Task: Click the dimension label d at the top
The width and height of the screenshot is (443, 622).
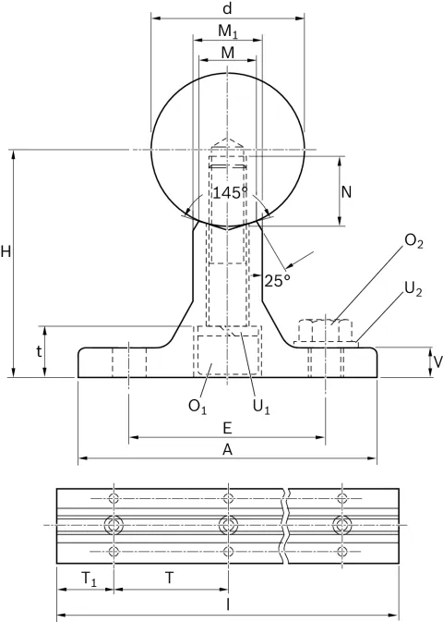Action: [x=227, y=8]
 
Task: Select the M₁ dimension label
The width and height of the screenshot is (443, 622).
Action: [x=228, y=31]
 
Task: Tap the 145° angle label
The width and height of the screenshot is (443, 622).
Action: [x=230, y=193]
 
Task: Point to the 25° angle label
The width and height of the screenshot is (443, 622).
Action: [x=277, y=281]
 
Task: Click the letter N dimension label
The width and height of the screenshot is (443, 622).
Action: [x=346, y=192]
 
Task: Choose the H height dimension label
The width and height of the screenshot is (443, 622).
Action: [x=6, y=251]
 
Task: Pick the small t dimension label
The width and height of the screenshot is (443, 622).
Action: [x=39, y=351]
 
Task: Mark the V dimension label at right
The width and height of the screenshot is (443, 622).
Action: [x=437, y=361]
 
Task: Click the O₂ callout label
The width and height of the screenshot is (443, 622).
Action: [x=413, y=241]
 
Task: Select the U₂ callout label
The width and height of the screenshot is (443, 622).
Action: [x=413, y=289]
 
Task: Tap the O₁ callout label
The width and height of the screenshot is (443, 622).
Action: [x=198, y=407]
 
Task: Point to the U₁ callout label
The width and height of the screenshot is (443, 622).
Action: [x=261, y=407]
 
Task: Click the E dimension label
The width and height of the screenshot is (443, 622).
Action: [x=227, y=429]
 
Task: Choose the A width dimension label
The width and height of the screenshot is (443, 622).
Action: [x=227, y=449]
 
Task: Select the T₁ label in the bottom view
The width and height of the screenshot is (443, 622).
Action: [x=89, y=579]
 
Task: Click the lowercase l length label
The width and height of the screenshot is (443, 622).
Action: [x=228, y=604]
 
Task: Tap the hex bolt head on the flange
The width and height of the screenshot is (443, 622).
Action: [x=325, y=330]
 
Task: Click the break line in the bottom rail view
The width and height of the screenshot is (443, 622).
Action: [x=286, y=526]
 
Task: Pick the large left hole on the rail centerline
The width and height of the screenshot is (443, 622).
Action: [x=114, y=526]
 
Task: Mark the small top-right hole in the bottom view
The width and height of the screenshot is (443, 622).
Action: [x=342, y=498]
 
